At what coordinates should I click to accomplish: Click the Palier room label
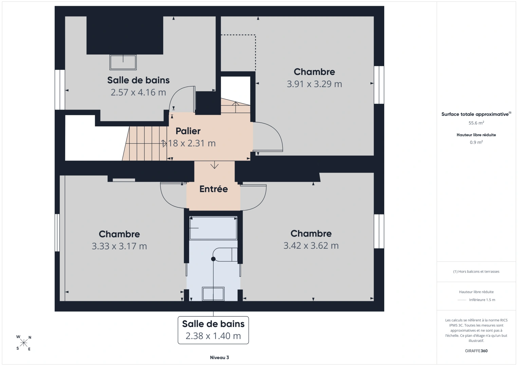188,131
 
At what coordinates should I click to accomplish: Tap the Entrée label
214,189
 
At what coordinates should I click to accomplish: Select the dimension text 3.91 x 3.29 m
314,84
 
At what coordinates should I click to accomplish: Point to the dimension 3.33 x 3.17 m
119,246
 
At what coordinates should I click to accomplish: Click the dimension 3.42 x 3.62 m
311,245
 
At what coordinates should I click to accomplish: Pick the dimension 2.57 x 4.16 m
138,93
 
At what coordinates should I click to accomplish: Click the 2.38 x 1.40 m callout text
213,336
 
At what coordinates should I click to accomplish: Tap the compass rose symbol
23,343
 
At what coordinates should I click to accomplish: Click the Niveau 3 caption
220,358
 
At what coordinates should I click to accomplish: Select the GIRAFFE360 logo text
476,351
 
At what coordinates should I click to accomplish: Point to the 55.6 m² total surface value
476,123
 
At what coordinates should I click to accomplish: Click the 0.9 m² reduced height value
476,142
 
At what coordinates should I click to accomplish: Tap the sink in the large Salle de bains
123,62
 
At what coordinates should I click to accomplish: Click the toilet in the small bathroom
225,255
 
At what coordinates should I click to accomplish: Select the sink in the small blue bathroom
213,294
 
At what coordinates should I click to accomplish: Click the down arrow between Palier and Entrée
215,165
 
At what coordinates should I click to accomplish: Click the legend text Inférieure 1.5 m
482,300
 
